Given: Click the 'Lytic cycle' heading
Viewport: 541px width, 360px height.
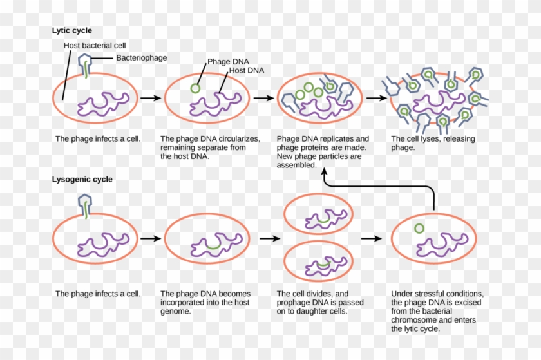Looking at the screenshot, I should point(71,30).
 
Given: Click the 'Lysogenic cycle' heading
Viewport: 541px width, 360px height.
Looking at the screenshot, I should point(82,180).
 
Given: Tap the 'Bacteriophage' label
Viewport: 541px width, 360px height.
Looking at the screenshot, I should point(141,58).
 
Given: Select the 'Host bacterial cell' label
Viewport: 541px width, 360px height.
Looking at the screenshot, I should point(95,46).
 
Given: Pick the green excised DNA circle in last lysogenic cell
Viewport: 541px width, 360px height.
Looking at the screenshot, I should point(419,228).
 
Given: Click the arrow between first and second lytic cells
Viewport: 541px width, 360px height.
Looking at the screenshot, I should point(150,99).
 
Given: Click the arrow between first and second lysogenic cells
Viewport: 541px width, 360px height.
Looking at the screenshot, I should point(150,238).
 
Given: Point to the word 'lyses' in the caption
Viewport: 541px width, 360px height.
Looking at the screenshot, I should point(429,138).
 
